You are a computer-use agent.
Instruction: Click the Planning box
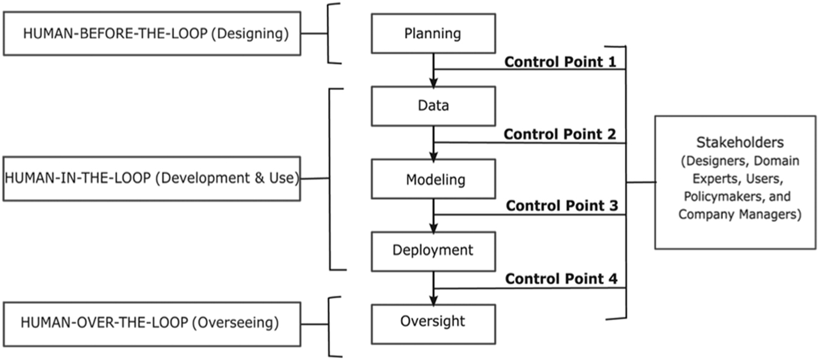(433, 33)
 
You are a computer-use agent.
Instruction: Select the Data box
(433, 105)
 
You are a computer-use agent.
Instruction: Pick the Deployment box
(433, 251)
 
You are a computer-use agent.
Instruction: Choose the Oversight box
(433, 322)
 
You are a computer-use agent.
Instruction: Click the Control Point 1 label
(561, 62)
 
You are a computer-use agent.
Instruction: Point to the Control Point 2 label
(561, 134)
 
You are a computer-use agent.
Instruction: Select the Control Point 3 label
(561, 206)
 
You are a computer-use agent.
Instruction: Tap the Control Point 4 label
(561, 279)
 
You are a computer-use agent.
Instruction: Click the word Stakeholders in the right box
(735, 143)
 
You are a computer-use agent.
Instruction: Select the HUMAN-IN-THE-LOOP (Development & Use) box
(152, 179)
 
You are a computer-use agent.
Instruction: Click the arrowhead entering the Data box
(434, 83)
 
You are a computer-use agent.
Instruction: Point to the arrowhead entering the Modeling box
(434, 155)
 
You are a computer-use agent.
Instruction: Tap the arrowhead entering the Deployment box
(434, 227)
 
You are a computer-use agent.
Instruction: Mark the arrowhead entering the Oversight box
(434, 300)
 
